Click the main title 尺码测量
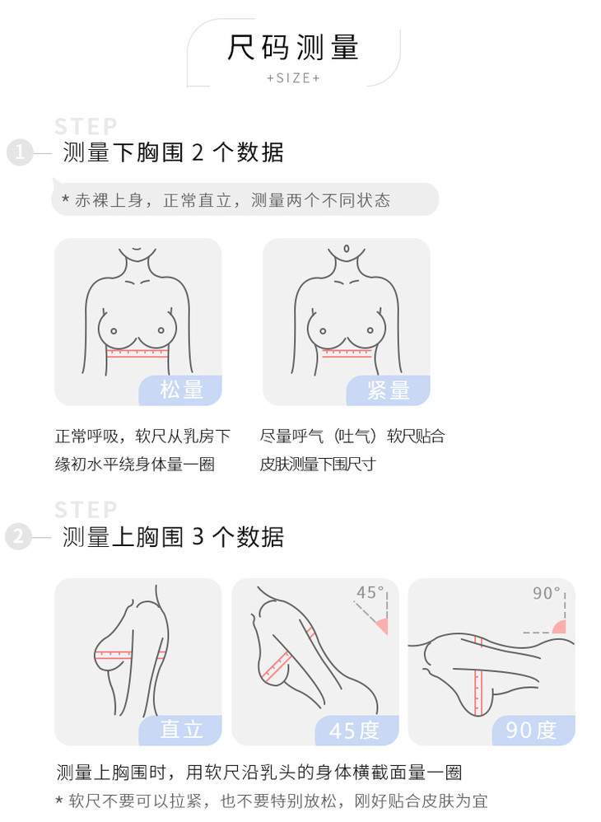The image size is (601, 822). pos(293,48)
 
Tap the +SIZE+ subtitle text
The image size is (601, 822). pos(293,78)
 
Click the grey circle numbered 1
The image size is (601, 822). pos(20,152)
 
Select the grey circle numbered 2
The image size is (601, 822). pos(18,537)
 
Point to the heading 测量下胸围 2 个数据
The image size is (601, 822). pos(173,152)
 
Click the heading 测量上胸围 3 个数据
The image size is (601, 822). pos(173,537)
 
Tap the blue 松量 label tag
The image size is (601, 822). pos(180,390)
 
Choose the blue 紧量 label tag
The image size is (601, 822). pos(389,390)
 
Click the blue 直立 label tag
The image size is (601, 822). pos(180,730)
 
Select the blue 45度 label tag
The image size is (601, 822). pos(356,730)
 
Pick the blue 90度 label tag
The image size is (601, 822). pos(533,730)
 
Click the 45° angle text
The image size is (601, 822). pos(370,592)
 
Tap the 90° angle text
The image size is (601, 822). pos(547,593)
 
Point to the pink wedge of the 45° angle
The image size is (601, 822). pos(383,625)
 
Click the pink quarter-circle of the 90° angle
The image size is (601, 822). pos(560,627)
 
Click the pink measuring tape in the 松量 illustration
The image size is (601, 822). pos(137,353)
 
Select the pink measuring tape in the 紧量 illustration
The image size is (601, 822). pos(347,353)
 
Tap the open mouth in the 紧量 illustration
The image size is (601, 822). pos(346,248)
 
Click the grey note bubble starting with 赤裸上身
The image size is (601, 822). pos(245,199)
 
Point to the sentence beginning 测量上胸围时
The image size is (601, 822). pos(259,773)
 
